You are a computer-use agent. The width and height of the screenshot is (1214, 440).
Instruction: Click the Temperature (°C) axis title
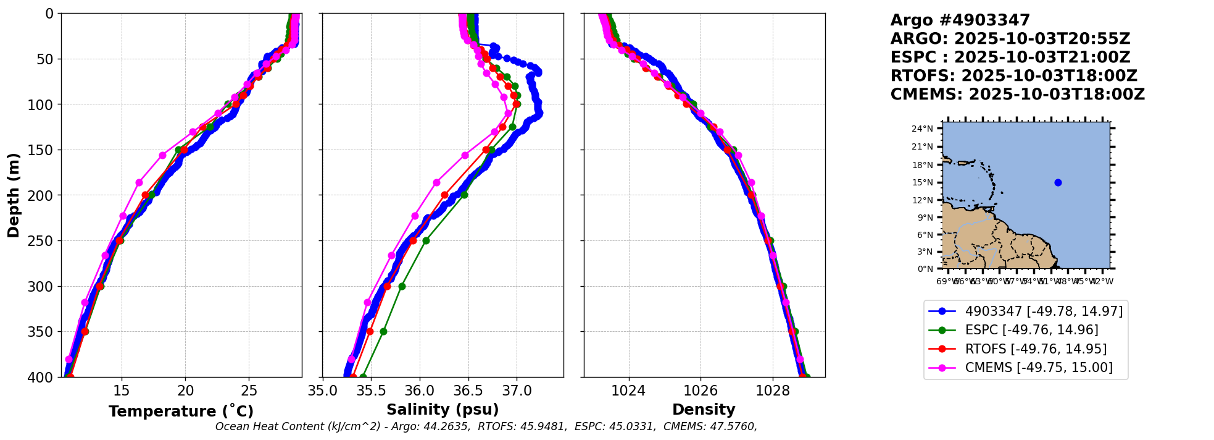pos(181,412)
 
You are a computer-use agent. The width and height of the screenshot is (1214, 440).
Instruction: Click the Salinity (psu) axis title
pos(443,410)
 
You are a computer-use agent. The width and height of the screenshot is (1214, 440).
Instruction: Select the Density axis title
pos(704,410)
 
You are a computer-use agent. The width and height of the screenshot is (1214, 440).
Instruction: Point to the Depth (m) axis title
pos(14,195)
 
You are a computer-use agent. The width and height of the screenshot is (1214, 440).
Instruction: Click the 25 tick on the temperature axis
pos(249,391)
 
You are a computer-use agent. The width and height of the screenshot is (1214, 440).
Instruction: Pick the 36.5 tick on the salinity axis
pos(468,391)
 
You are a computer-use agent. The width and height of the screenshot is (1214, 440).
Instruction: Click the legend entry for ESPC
pos(1031,330)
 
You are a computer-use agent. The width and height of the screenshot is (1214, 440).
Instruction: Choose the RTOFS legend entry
pos(1036,349)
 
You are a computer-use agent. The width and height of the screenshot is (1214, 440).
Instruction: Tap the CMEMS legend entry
pos(1039,368)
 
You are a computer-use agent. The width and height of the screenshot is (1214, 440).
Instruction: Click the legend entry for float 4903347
pos(1044,311)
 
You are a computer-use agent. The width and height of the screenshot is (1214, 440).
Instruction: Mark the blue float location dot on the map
pos(1058,182)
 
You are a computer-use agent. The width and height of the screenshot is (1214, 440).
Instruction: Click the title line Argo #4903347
pos(960,20)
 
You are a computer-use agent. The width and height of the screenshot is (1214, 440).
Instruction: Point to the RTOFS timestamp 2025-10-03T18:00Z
pos(1049,76)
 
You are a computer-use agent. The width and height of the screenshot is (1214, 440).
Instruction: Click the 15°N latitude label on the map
pos(923,182)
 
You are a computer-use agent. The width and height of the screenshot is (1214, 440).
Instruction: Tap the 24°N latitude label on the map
pos(923,129)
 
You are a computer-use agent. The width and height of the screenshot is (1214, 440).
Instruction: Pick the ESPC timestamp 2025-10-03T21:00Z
pos(1042,57)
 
